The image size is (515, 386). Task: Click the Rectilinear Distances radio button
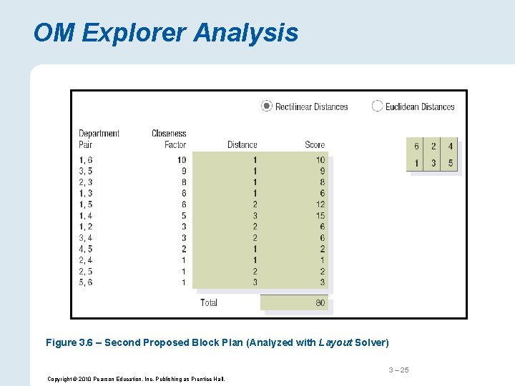pos(267,106)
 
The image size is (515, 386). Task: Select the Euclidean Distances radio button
pos(377,106)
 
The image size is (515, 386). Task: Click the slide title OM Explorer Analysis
pos(165,33)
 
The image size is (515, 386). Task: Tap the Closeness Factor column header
pos(169,139)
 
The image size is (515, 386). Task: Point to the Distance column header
pos(242,144)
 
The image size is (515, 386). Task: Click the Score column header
pos(314,144)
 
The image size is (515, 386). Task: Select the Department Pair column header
pos(99,139)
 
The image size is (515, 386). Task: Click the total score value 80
pos(320,302)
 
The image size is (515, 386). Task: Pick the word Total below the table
pos(209,302)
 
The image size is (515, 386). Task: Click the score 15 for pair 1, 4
pos(320,215)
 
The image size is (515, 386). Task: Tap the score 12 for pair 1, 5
pos(320,204)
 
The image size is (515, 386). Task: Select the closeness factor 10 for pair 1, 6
pos(181,160)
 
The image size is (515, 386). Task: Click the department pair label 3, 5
pos(86,171)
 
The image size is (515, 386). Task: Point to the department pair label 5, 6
pos(86,282)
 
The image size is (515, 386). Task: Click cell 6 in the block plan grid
pos(416,146)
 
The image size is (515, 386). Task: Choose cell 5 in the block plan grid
pos(450,163)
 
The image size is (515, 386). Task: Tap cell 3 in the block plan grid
pos(433,163)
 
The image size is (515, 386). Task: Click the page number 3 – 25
pos(398,370)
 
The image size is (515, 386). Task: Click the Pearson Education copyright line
pos(136,379)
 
